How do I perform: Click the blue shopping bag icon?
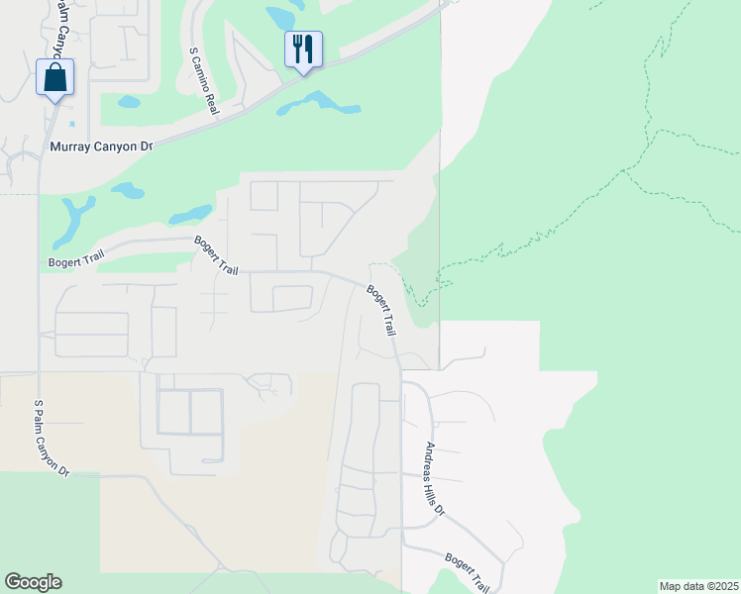[x=55, y=78]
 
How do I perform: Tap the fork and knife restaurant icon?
[x=303, y=49]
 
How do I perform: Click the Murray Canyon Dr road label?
[x=101, y=147]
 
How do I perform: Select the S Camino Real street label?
[x=203, y=81]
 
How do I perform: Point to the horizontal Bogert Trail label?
[x=76, y=262]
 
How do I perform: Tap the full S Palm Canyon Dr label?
[x=52, y=439]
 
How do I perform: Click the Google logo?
[x=33, y=582]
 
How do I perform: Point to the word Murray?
[x=69, y=147]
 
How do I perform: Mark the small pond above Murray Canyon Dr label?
[x=128, y=101]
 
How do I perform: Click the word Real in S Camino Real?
[x=211, y=106]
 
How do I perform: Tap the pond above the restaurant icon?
[x=281, y=17]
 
